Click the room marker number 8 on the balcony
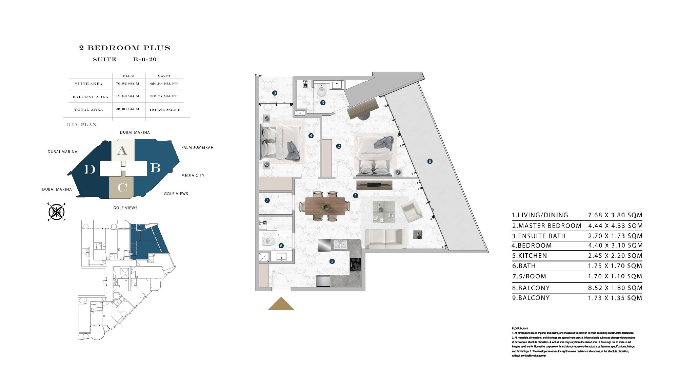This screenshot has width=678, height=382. (430, 161)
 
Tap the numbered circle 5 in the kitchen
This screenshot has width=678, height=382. (332, 261)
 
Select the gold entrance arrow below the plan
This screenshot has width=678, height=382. (281, 304)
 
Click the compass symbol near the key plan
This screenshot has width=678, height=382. (57, 212)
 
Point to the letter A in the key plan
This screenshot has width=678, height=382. (122, 151)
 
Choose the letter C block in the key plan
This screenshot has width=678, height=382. (122, 187)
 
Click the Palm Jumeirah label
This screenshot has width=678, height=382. (197, 147)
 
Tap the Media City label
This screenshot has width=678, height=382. (193, 175)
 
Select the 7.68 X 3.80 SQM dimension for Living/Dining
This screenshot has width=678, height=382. (615, 215)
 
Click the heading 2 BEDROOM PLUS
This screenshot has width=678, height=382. (124, 48)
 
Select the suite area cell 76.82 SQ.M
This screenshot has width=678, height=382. (128, 84)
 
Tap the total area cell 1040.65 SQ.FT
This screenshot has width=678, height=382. (164, 110)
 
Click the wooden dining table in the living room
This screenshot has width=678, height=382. (325, 206)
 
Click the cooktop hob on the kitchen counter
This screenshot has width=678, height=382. (355, 265)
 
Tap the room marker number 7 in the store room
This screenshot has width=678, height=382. (267, 200)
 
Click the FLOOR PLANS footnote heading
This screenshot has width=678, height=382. (520, 328)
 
